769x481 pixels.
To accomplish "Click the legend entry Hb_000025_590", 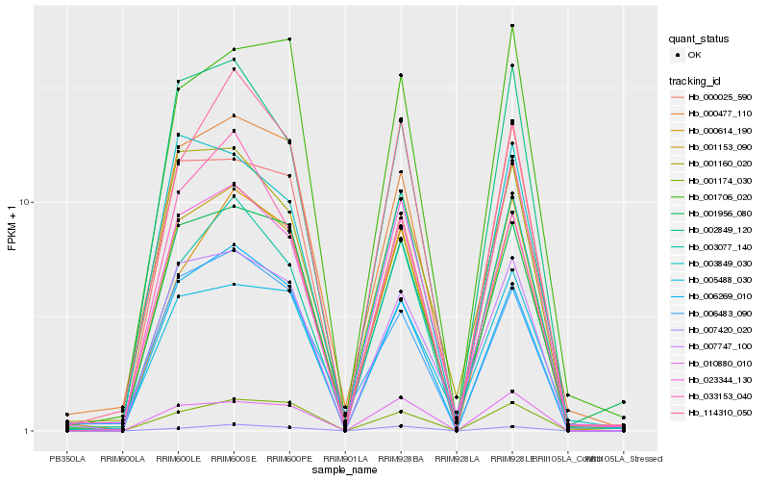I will coord(719,97).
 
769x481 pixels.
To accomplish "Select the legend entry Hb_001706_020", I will coord(719,196).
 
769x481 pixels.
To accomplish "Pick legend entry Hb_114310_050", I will coord(719,412).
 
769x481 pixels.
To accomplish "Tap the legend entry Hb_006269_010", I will coord(719,296).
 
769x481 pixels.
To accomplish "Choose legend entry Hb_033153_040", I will coord(719,395).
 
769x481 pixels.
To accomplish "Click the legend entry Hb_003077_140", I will coord(719,246).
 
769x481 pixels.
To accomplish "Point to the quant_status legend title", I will coord(700,39).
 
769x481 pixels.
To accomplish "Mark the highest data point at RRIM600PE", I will coord(289,39).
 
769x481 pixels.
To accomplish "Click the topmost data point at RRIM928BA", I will coord(401,75).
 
